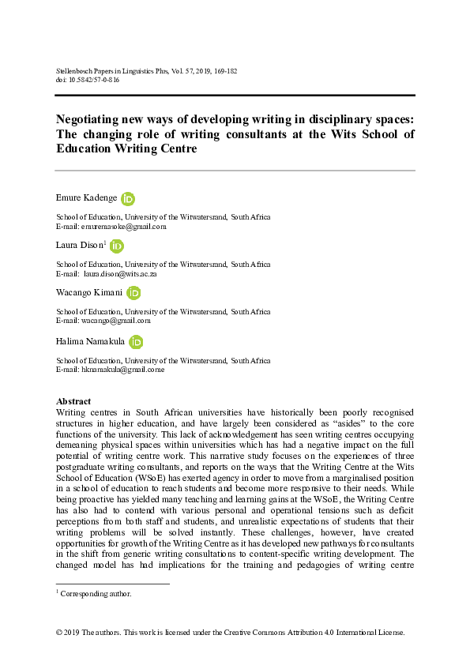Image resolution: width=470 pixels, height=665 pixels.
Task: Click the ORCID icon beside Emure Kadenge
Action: (x=129, y=199)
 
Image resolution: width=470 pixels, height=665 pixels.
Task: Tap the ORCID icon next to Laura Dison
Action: (x=117, y=246)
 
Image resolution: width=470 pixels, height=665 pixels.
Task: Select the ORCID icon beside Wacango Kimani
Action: (x=133, y=293)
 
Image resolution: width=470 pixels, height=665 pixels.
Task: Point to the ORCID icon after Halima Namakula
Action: (x=136, y=341)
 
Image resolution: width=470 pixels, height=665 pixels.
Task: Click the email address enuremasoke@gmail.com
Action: (x=122, y=226)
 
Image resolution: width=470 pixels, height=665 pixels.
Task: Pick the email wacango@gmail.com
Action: (x=118, y=321)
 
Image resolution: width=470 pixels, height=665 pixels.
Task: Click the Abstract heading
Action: (x=73, y=402)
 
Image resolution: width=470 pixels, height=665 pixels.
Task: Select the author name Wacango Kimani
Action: (x=88, y=294)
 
